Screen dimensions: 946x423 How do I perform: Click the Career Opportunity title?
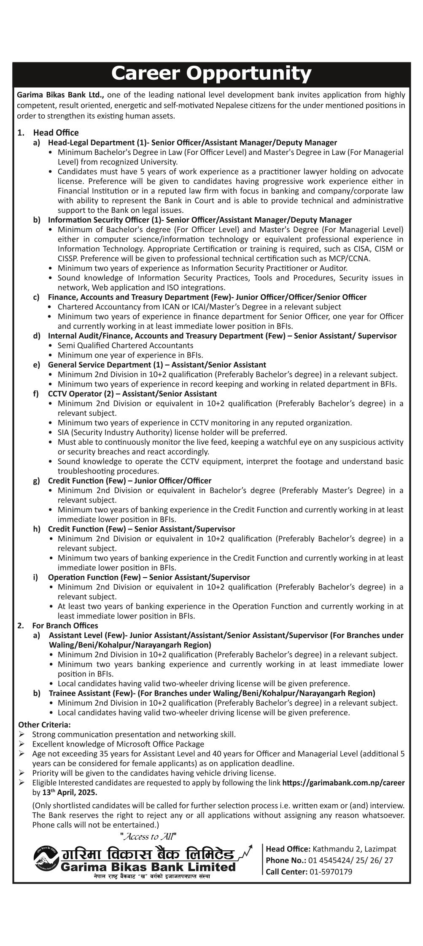coord(211,74)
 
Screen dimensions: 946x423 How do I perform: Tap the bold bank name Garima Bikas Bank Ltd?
coord(60,95)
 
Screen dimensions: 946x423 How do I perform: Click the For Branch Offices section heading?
coord(65,625)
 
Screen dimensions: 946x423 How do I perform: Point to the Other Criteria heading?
coord(44,724)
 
